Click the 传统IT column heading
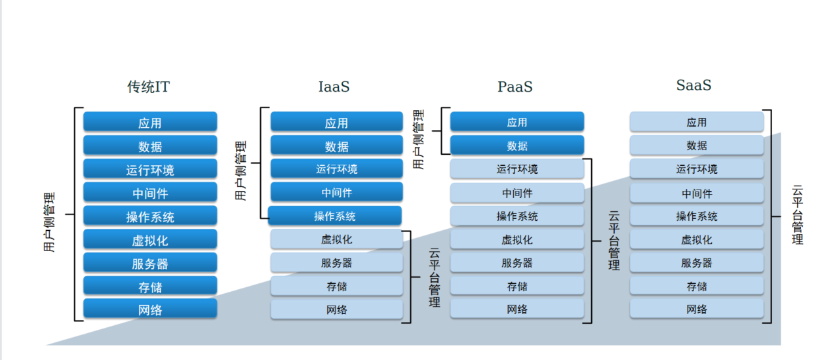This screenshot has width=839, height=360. [x=148, y=87]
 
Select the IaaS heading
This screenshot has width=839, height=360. [x=334, y=87]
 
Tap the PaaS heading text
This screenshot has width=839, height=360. [x=515, y=87]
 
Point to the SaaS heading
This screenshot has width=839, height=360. [x=693, y=85]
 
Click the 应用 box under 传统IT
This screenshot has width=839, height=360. [x=150, y=122]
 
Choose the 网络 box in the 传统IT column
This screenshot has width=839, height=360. [x=150, y=309]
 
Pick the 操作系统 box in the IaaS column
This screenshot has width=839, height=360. [x=335, y=216]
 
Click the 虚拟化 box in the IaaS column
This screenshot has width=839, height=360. [x=337, y=239]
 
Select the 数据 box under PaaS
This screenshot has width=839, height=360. [x=517, y=145]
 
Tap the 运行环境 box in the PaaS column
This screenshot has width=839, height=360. [x=517, y=169]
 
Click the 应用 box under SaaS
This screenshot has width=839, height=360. [x=697, y=122]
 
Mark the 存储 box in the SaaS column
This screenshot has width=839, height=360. [x=697, y=286]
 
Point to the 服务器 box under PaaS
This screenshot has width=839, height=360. [x=517, y=262]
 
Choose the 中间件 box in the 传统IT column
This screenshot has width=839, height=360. [x=150, y=192]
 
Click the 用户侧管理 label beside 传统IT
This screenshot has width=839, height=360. [x=49, y=222]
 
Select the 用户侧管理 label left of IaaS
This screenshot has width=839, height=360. [x=241, y=171]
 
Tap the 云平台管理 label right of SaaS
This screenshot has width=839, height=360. [x=798, y=214]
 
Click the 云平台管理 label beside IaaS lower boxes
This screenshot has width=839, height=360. [x=435, y=277]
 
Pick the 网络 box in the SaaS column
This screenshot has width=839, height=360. [x=697, y=309]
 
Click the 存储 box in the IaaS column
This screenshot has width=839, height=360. [x=337, y=286]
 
